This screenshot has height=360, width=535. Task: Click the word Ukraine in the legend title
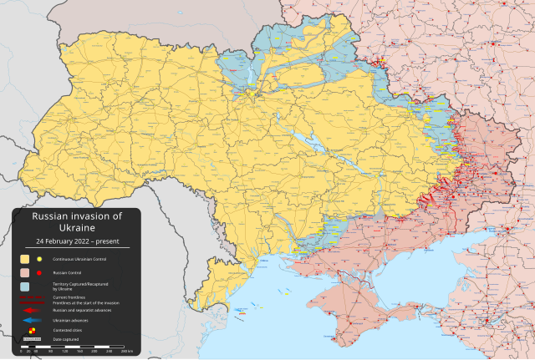pyautogui.click(x=76, y=227)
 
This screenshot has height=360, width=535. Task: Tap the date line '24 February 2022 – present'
pyautogui.click(x=76, y=241)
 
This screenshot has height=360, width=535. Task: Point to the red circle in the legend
pyautogui.click(x=39, y=273)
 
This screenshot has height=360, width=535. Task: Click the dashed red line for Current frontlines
pyautogui.click(x=32, y=297)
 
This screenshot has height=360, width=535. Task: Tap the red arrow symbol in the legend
pyautogui.click(x=32, y=309)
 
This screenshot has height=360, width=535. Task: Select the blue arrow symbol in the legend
pyautogui.click(x=32, y=320)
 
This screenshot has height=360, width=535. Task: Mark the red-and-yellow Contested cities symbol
pyautogui.click(x=32, y=331)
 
